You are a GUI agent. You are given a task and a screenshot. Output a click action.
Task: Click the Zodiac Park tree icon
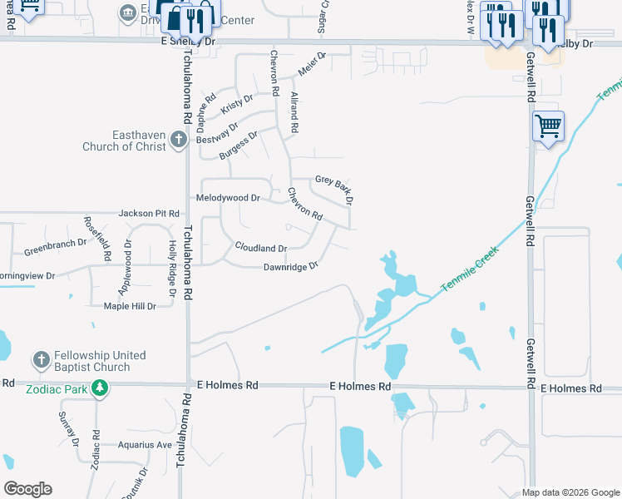click(x=99, y=388)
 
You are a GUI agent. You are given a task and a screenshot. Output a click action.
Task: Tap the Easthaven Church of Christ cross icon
click(x=179, y=139)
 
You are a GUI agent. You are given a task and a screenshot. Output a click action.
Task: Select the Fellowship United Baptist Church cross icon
click(x=41, y=360)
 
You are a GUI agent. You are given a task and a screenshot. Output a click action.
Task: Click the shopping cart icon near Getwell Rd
click(x=548, y=126)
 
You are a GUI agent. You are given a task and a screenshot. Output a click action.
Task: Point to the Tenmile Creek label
click(x=469, y=268)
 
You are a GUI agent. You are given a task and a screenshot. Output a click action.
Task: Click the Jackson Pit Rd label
click(x=149, y=214)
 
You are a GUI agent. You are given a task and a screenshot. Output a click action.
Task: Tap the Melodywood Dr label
click(x=228, y=198)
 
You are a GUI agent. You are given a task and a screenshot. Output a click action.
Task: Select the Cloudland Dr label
click(x=261, y=248)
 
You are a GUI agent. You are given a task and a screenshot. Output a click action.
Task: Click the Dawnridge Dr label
click(x=291, y=267)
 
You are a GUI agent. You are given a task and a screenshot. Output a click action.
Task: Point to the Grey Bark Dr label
click(x=334, y=190)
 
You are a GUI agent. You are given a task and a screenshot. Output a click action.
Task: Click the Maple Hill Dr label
click(x=130, y=306)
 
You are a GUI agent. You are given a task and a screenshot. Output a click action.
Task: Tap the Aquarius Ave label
click(x=145, y=445)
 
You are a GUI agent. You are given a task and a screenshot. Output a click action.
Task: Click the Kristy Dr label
click(x=237, y=105)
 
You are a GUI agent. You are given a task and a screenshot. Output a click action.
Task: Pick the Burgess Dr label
click(x=239, y=144)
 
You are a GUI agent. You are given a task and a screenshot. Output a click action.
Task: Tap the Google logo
click(x=27, y=489)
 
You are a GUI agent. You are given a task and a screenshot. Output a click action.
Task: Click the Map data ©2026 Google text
click(x=570, y=492)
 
